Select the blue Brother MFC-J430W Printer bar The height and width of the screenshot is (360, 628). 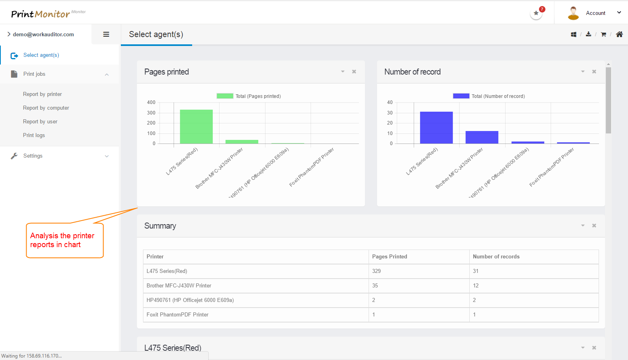[x=482, y=137]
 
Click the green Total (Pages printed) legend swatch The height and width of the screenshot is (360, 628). [x=225, y=96]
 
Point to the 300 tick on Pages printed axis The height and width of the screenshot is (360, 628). [x=151, y=113]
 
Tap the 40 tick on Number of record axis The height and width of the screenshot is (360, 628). [x=390, y=102]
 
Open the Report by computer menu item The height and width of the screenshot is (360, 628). [x=46, y=108]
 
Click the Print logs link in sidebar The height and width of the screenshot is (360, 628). [x=34, y=135]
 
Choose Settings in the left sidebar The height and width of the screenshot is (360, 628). [x=33, y=156]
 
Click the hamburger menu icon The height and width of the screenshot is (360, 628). [x=106, y=35]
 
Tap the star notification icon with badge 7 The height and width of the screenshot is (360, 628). [x=536, y=13]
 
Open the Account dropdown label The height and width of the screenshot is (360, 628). [x=595, y=13]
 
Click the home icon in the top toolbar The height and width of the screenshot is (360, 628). [x=619, y=35]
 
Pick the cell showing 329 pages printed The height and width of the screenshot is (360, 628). [x=377, y=271]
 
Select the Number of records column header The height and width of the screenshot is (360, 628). [x=496, y=257]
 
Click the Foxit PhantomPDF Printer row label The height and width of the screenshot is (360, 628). [x=178, y=315]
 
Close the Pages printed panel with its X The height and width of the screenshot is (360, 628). [x=354, y=72]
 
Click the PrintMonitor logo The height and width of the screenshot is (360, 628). [x=41, y=14]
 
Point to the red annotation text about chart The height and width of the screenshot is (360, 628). [x=62, y=240]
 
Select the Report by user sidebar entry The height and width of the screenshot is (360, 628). [x=40, y=122]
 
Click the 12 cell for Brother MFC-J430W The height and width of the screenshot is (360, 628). [x=476, y=286]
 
